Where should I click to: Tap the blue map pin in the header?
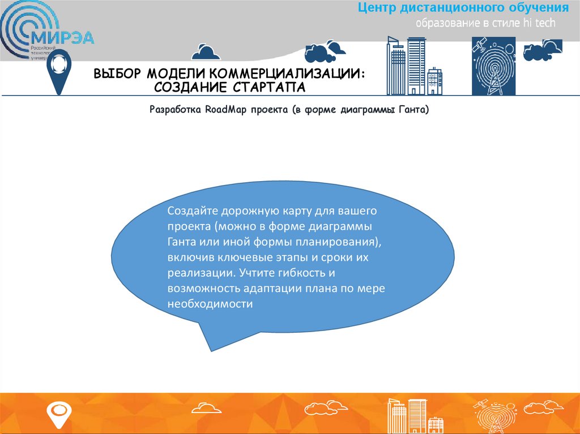tap(57, 71)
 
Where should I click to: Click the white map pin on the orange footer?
tap(58, 413)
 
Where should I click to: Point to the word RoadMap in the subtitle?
tap(225, 110)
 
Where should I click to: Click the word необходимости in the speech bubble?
tap(209, 303)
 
